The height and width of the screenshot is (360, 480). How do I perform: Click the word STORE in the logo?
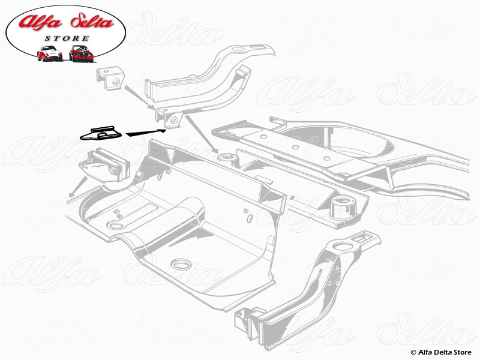pyautogui.click(x=65, y=39)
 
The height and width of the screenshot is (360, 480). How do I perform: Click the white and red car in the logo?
pyautogui.click(x=50, y=53)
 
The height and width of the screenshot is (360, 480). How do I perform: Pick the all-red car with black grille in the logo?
pyautogui.click(x=80, y=53)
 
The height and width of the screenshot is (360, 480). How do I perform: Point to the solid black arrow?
pyautogui.click(x=147, y=130)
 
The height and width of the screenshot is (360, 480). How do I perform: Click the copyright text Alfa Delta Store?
pyautogui.click(x=442, y=352)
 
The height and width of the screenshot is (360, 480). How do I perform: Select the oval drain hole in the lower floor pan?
pyautogui.click(x=178, y=264)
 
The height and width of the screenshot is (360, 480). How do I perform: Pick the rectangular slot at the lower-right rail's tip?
pyautogui.click(x=364, y=240)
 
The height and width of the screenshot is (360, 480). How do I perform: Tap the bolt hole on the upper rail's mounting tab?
pyautogui.click(x=175, y=121)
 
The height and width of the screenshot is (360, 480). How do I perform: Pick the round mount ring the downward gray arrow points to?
pyautogui.click(x=226, y=158)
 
